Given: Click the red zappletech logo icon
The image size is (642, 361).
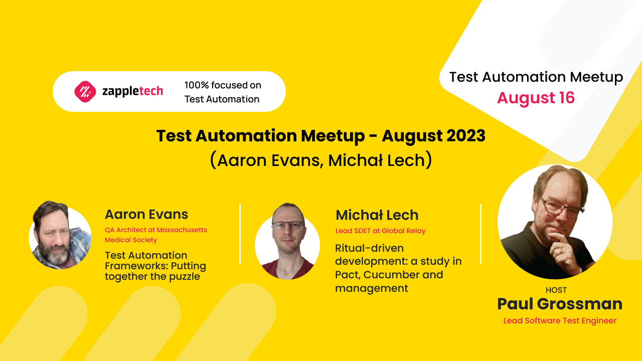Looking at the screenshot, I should tap(85, 91).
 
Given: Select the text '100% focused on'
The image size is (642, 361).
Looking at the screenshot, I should tap(223, 85).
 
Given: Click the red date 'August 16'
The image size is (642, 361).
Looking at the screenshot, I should tap(536, 98).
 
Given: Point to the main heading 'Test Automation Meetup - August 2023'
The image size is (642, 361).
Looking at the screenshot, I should tap(320, 136).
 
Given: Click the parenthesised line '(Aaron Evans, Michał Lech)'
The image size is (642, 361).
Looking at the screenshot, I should tap(320, 160).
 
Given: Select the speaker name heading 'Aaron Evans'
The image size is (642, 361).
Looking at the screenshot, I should tap(146, 215).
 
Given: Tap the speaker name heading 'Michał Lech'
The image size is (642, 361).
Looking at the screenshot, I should tap(377, 215).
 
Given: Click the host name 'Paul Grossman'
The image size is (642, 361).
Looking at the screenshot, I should tap(560, 304).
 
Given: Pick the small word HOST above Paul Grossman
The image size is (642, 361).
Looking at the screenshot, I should tap(556, 290).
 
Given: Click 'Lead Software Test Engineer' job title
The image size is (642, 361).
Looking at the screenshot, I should tap(560, 320).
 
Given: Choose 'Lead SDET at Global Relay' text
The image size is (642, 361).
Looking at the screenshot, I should tap(380, 231).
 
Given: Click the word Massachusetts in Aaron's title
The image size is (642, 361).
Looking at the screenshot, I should tap(182, 230).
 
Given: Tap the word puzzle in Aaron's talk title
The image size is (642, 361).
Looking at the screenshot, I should tap(185, 276).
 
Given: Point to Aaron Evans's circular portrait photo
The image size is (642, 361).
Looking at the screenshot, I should tap(60, 236).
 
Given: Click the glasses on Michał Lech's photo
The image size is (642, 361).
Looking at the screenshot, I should tap(288, 226).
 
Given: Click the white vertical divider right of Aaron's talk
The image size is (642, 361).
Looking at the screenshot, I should tap(240, 234).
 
